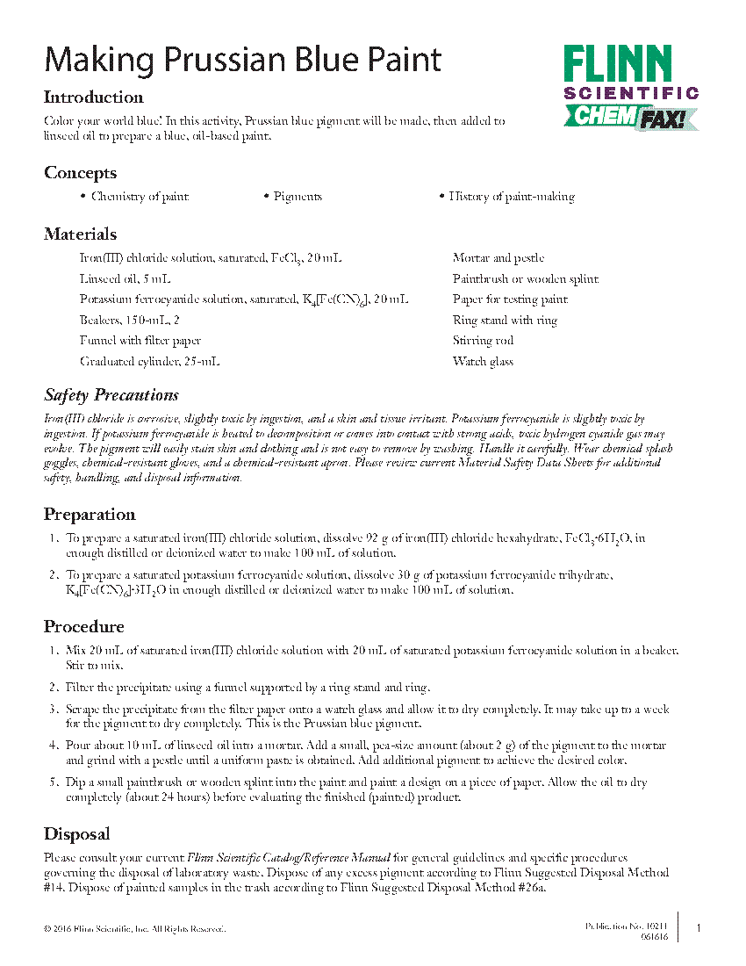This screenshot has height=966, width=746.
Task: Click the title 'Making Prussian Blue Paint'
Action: point(243,60)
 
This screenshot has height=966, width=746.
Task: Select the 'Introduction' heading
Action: point(94,97)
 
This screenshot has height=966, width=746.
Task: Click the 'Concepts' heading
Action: point(80,173)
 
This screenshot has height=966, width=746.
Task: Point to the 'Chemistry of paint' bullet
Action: point(140,197)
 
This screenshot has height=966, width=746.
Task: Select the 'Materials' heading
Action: point(80,234)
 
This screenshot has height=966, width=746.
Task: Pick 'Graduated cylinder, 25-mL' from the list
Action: point(150,362)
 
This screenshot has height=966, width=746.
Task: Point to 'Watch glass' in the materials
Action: point(484,362)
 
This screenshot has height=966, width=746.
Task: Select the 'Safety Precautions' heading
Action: point(111,395)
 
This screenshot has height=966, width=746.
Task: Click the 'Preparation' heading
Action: point(90,515)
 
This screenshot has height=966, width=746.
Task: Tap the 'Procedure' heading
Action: point(84,627)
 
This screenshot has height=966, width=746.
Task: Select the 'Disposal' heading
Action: point(77,834)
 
